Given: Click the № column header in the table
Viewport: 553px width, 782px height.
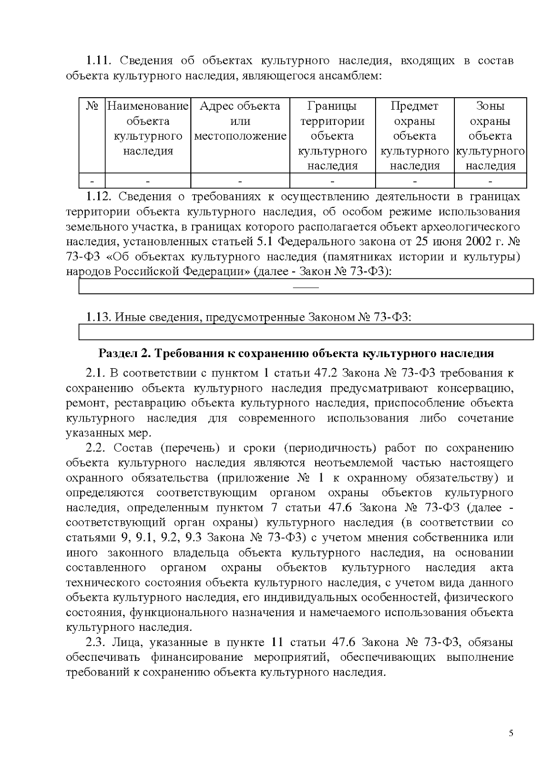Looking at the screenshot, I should click(92, 106).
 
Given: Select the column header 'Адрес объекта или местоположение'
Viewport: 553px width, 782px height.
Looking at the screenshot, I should click(240, 121).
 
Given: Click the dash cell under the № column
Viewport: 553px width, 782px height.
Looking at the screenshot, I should click(92, 181).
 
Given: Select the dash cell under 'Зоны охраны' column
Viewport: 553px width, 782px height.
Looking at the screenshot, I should click(490, 181).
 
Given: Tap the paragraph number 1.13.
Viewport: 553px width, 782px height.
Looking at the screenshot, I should click(99, 317).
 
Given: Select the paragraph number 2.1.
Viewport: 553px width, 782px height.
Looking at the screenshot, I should click(96, 373).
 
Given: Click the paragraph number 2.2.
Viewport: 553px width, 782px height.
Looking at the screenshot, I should click(96, 448).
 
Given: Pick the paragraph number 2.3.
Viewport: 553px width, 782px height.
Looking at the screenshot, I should click(96, 642).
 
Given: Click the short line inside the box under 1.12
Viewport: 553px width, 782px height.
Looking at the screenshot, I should click(306, 288).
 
